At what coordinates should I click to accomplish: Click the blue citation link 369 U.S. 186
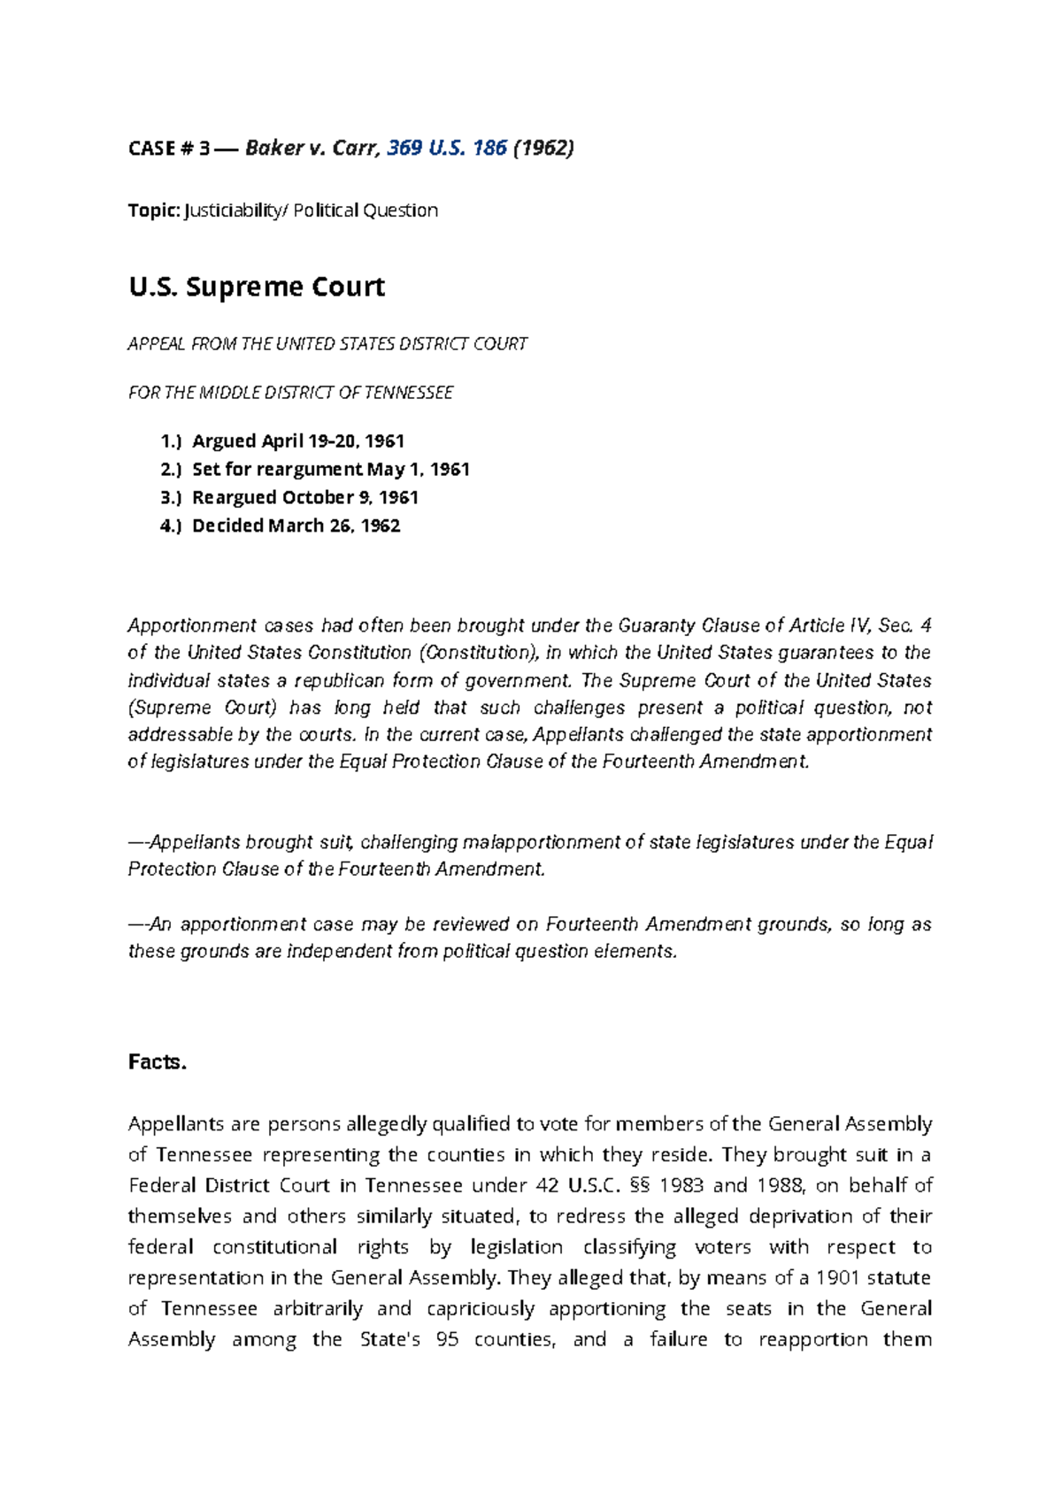point(446,148)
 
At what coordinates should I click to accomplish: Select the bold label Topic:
point(154,211)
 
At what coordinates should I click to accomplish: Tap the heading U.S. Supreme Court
point(257,287)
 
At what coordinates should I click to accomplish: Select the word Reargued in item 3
point(235,497)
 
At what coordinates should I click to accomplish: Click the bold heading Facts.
point(158,1061)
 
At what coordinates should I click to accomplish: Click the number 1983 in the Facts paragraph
point(682,1185)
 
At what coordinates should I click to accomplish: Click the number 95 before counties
point(447,1339)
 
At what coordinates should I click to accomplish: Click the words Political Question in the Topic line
point(366,211)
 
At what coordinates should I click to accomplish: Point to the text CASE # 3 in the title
point(169,148)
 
